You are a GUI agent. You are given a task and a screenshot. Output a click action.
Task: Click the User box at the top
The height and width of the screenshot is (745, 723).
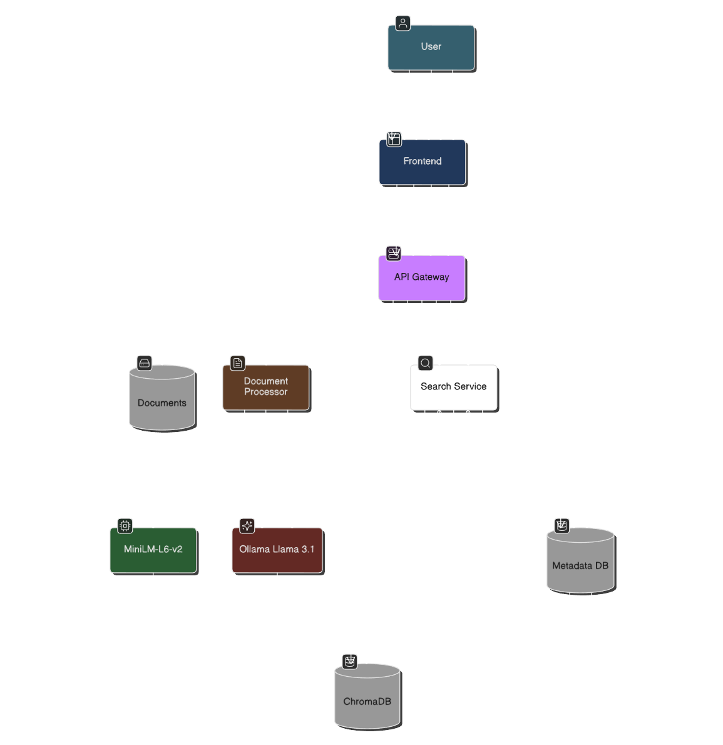click(431, 47)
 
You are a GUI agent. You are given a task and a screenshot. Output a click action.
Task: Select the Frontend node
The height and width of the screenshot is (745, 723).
click(422, 162)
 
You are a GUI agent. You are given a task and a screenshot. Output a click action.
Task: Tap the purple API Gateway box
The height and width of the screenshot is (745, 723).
click(421, 277)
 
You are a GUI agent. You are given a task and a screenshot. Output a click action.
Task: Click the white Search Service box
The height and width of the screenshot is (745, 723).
click(453, 387)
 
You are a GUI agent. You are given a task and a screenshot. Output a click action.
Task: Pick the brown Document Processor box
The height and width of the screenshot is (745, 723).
click(265, 387)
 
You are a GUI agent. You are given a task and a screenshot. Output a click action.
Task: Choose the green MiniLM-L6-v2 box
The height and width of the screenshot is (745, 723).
click(153, 550)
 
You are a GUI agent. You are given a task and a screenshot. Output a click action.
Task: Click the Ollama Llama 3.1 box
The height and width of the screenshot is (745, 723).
click(277, 550)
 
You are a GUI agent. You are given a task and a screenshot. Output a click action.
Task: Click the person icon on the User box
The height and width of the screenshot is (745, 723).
click(403, 24)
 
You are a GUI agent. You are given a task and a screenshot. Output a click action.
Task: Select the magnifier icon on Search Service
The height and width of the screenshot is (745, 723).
click(425, 363)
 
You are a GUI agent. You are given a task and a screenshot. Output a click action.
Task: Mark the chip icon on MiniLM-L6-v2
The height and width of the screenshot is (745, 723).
click(125, 525)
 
